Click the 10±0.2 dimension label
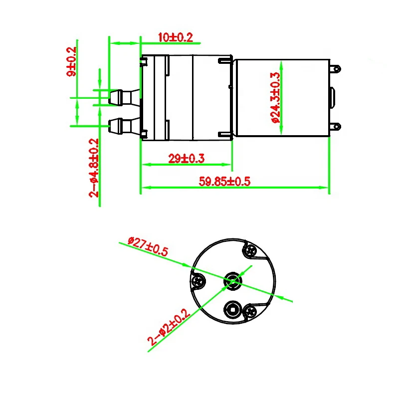pos(175,37)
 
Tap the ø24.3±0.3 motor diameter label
pos(275,98)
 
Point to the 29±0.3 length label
pos(186,159)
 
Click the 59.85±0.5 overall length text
pos(224,182)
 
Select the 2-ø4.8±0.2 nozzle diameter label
pos(94,168)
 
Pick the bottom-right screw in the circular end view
pos(250,312)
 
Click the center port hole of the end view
pos(232,280)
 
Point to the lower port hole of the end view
pos(232,309)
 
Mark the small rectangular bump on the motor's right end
pos(333,97)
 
